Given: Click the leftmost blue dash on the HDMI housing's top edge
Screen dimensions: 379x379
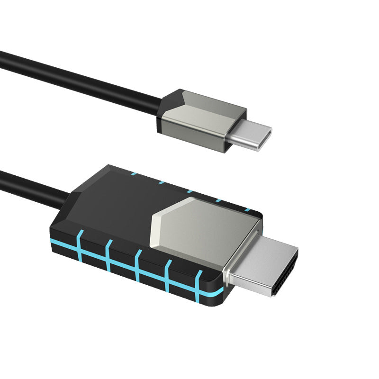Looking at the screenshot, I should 134,174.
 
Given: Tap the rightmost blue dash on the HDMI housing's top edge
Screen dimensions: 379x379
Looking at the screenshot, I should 246,209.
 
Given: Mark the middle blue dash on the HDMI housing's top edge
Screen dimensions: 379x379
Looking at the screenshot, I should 189,191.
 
